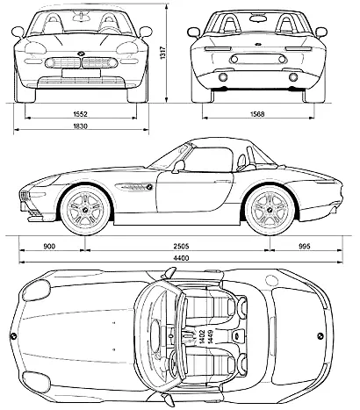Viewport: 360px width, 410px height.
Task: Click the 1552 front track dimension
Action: [80, 114]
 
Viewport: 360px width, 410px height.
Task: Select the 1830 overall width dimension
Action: [81, 126]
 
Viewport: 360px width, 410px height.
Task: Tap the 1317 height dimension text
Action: [162, 54]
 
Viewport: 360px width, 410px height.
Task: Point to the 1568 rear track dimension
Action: [257, 114]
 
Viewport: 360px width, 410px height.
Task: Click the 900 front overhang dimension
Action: [49, 247]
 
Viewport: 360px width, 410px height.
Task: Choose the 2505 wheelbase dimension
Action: [182, 247]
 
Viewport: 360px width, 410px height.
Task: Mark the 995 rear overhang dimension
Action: [305, 247]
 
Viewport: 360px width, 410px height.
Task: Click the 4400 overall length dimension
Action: [181, 258]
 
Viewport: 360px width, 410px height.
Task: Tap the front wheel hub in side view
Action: [85, 210]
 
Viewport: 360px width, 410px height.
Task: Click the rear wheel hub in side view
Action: [270, 210]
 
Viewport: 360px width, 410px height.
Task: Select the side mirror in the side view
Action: [178, 166]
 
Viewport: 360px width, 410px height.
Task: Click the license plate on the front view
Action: [81, 73]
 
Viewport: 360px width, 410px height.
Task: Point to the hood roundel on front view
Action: [81, 54]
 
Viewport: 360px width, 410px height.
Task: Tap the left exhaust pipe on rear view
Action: [223, 77]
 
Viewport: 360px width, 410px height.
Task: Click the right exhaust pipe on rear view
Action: [293, 77]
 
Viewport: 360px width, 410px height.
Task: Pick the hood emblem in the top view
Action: [13, 336]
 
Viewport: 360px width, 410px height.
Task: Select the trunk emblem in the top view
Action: [320, 335]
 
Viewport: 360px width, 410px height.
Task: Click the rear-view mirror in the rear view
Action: [257, 18]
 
